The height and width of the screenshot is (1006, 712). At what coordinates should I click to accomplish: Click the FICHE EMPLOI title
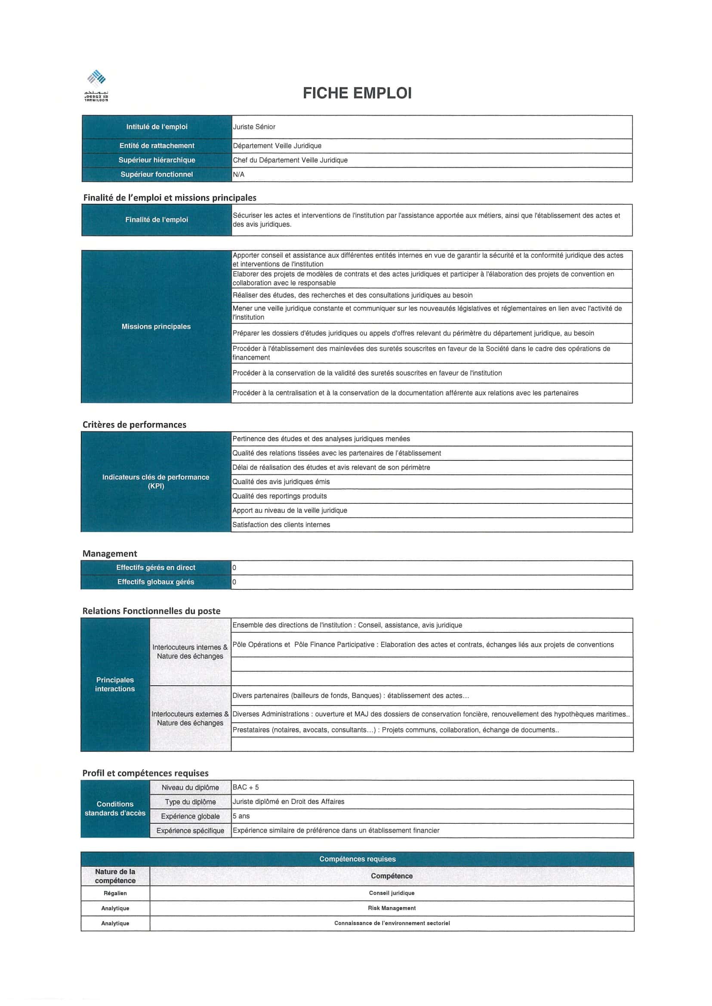(x=357, y=93)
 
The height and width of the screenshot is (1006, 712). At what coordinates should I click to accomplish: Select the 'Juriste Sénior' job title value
(x=254, y=127)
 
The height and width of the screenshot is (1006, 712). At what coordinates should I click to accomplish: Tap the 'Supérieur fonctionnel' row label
(x=157, y=175)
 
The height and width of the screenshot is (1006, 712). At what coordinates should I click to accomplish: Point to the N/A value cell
(x=239, y=175)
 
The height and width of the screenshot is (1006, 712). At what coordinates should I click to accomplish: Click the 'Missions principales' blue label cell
(x=156, y=326)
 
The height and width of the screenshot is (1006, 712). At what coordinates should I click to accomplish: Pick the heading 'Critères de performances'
(x=134, y=425)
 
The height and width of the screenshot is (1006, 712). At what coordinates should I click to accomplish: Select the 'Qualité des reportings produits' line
(x=280, y=496)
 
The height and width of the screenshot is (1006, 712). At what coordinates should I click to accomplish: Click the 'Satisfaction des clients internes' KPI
(x=281, y=524)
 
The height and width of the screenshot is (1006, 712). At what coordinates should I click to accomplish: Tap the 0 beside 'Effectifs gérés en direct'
(x=234, y=568)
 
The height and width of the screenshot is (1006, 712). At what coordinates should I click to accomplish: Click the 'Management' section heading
(x=110, y=553)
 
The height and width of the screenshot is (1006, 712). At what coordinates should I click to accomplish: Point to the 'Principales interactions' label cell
(x=115, y=684)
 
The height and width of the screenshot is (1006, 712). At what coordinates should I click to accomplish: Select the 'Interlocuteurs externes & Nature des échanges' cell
(x=190, y=718)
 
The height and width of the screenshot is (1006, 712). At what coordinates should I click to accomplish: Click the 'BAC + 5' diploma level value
(x=246, y=787)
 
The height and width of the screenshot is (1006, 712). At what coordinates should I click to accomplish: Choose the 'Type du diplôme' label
(x=190, y=802)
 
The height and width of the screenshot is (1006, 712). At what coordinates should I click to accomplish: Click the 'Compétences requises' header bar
(x=358, y=859)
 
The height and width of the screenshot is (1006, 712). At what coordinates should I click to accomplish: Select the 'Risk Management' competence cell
(x=391, y=908)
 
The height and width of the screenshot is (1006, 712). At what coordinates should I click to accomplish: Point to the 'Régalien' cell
(x=115, y=893)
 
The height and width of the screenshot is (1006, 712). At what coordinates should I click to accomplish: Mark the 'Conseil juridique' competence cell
(x=391, y=893)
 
